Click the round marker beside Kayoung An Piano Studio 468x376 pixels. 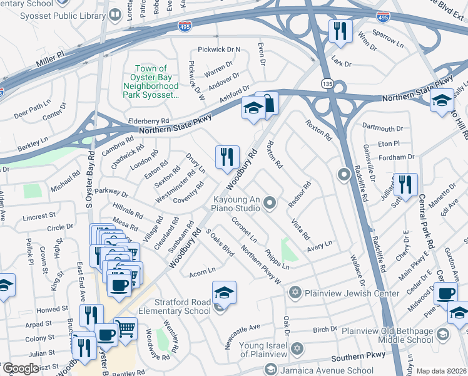pos(270,202)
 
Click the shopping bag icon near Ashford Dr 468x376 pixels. pos(267,105)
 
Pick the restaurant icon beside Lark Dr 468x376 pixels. pos(340,31)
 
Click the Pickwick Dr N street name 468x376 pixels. pos(219,49)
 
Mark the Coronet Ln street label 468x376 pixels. pos(244,230)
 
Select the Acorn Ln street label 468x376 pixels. pos(201,271)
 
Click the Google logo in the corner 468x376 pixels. pos(21,368)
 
